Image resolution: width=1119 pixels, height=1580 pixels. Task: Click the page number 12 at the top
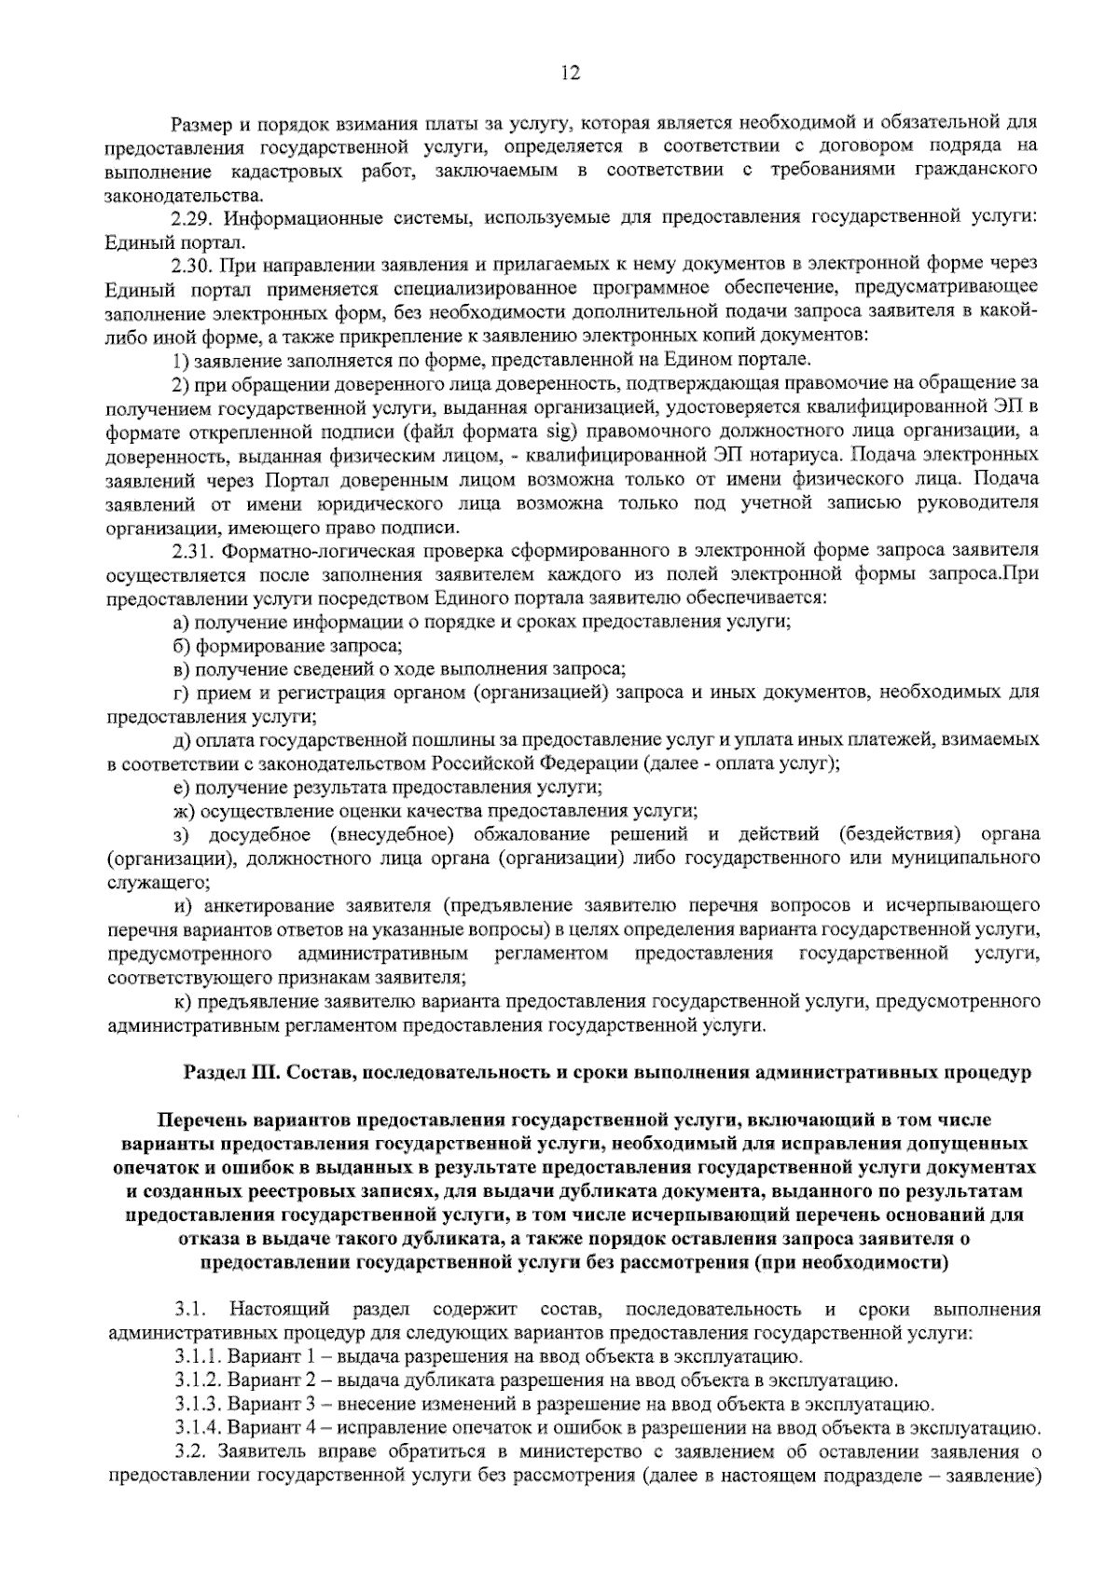tap(571, 74)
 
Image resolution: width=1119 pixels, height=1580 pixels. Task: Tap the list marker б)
tap(180, 646)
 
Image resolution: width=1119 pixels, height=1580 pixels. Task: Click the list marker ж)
tap(183, 812)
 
